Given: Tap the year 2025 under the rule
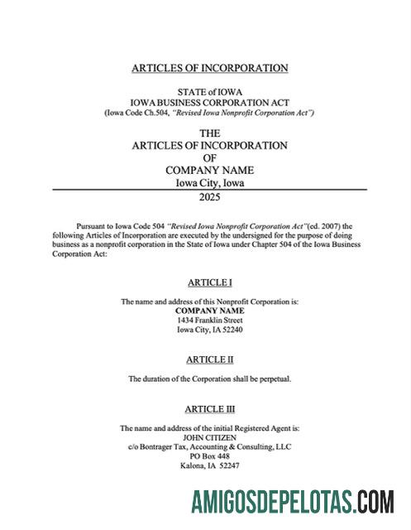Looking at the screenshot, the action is (x=210, y=198).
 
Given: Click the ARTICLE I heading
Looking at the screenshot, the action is (x=209, y=282).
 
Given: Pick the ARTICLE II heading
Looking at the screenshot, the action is (x=209, y=359).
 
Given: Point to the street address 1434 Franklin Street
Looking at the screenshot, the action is (x=209, y=320).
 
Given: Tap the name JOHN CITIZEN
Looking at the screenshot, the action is (x=209, y=437).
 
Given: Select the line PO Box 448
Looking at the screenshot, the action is (x=209, y=456).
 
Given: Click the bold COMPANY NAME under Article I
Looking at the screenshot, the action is (x=209, y=311).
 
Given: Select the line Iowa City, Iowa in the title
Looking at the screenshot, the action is (x=209, y=183).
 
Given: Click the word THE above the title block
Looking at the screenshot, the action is (x=210, y=132).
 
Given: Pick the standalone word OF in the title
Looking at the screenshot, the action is (x=210, y=157).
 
